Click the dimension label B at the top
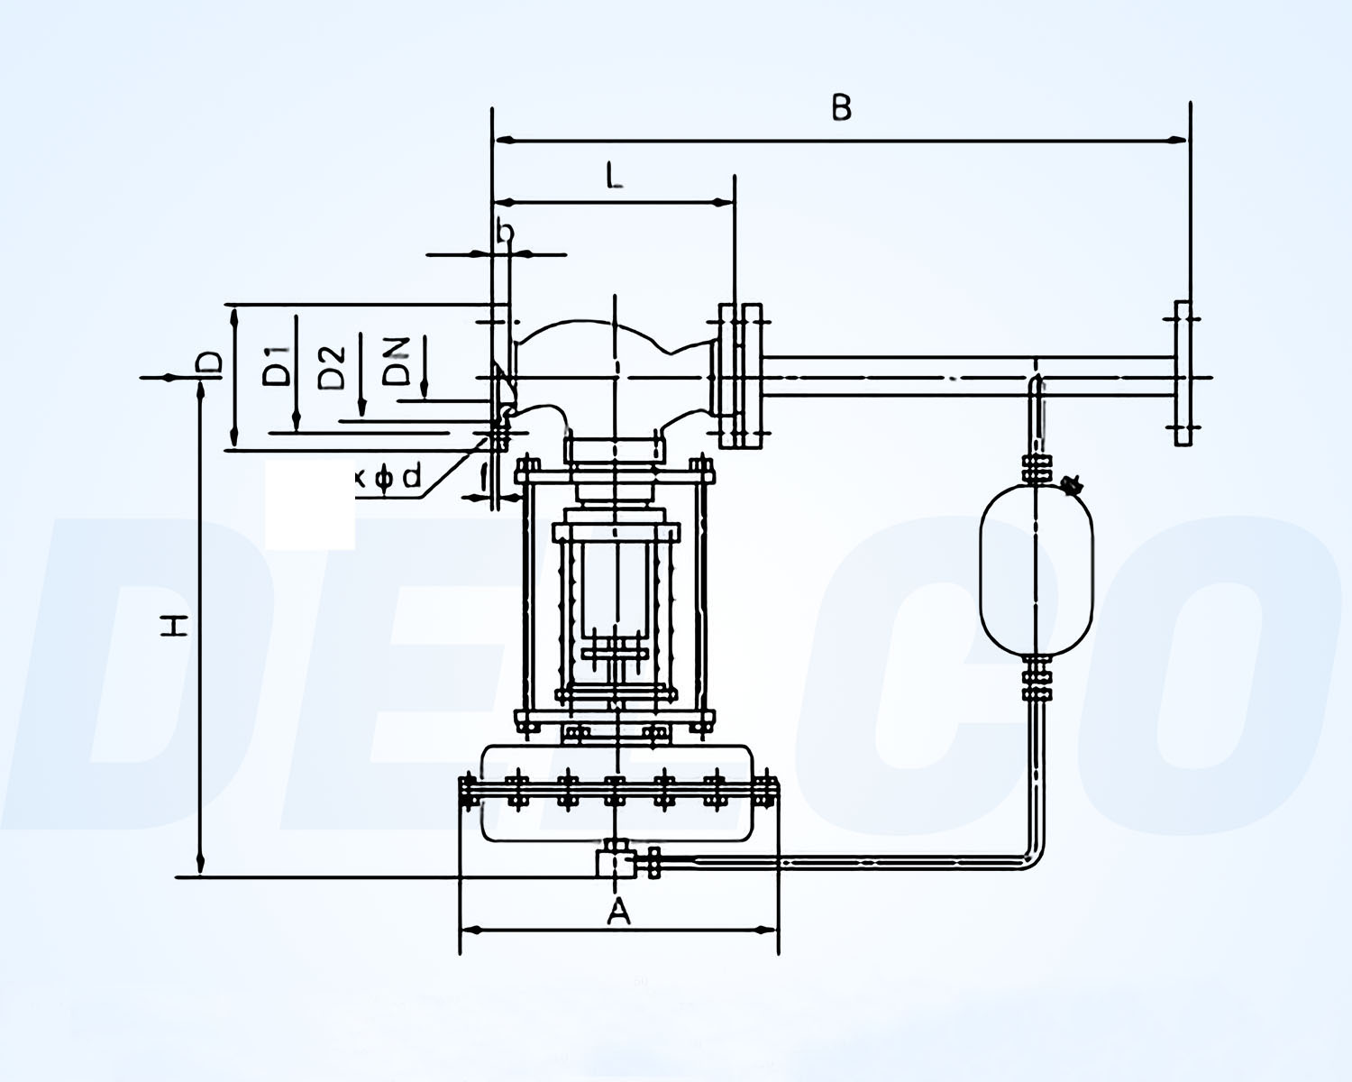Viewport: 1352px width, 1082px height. [x=840, y=107]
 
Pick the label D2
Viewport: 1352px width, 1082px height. [x=333, y=366]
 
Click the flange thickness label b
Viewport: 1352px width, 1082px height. [x=506, y=234]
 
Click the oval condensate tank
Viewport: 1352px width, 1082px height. [x=1037, y=569]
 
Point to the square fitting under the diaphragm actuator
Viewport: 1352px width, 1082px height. [x=614, y=862]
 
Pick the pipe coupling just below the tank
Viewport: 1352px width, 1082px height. [x=1037, y=683]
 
